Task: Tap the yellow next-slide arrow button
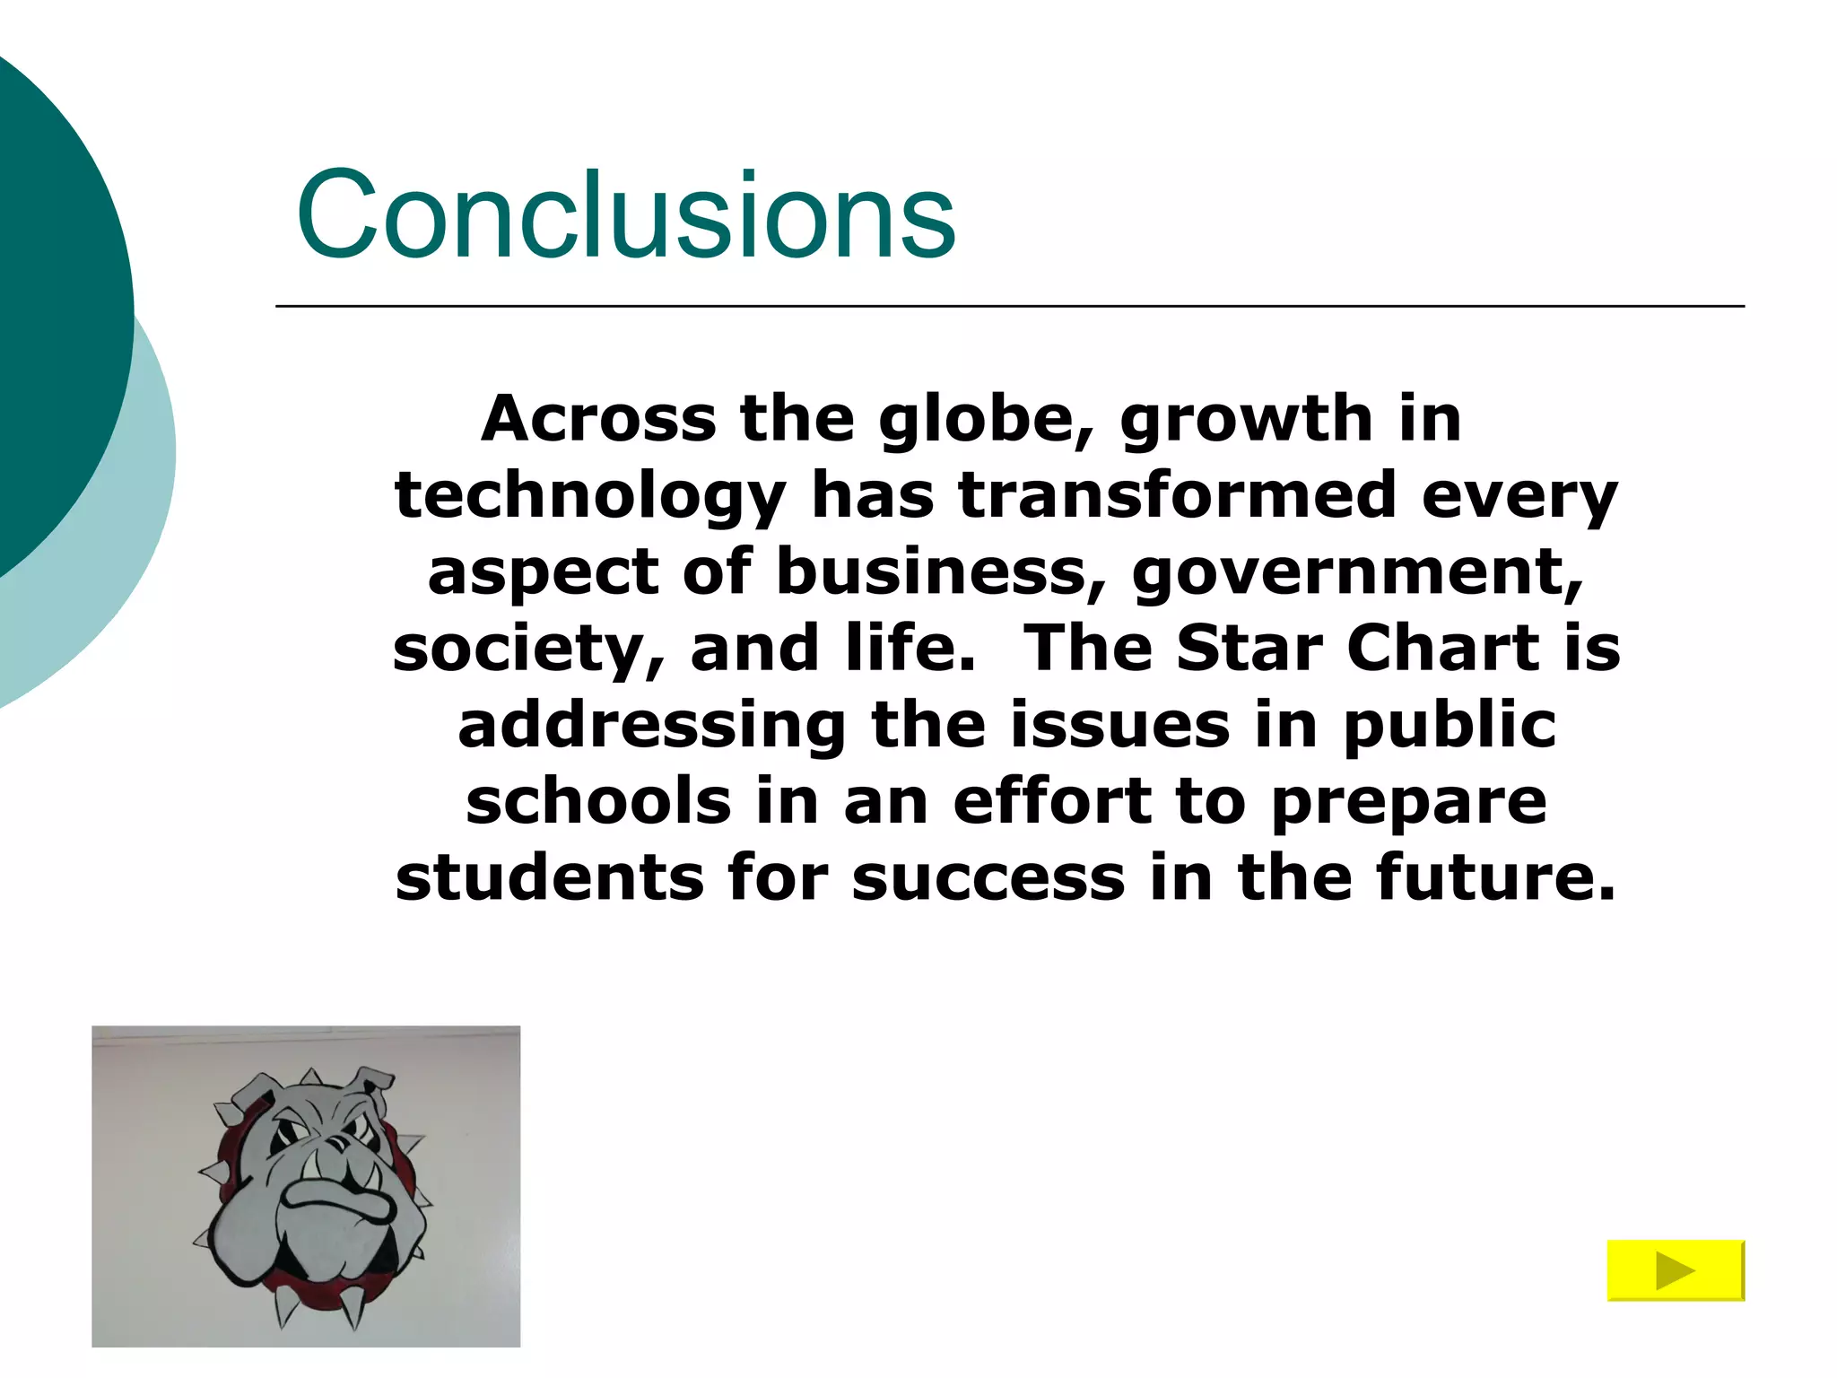pos(1675,1270)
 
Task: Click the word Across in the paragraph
pos(598,419)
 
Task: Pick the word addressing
pos(652,725)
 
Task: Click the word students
pos(549,877)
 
